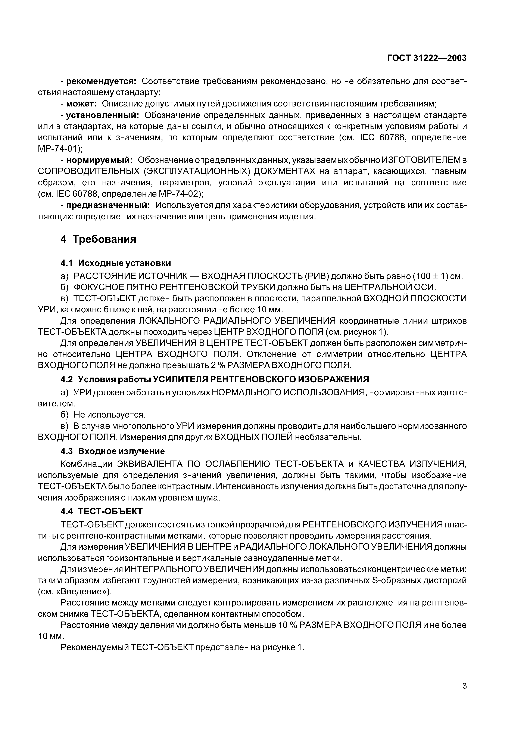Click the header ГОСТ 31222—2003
pos(427,58)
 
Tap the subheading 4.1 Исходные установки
pos(116,263)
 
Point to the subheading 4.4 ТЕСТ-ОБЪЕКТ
pos(102,511)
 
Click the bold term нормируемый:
pos(99,160)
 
